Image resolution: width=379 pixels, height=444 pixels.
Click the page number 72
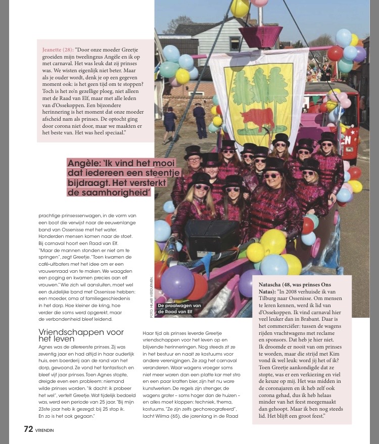pos(28,429)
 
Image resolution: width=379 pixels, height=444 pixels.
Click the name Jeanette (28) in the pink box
pos(58,50)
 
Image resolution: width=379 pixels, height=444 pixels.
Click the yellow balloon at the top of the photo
pos(240,8)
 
